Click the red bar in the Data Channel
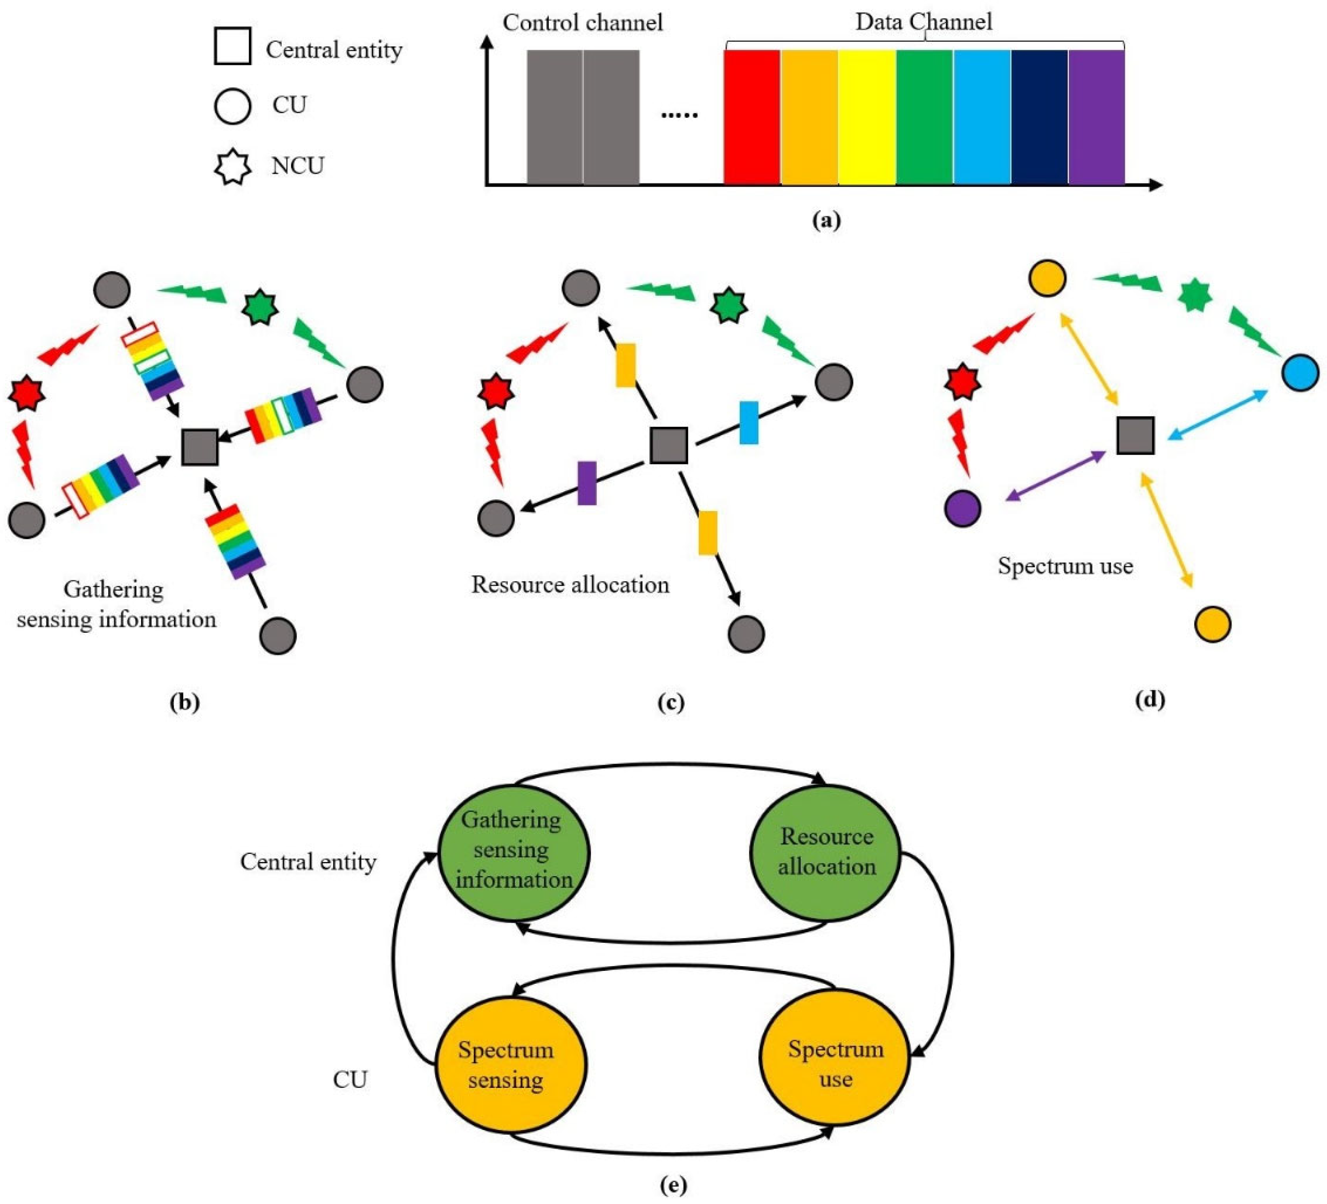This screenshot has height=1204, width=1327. coord(752,117)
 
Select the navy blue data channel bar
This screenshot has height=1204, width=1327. coord(1039,117)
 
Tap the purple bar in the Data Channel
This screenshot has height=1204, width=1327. coord(1096,117)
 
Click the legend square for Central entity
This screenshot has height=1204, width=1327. coord(232,46)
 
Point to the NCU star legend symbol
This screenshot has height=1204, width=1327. coord(232,166)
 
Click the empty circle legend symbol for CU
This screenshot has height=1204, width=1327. coord(232,106)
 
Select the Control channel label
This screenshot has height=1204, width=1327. coord(583,23)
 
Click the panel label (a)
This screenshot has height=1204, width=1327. coord(826,220)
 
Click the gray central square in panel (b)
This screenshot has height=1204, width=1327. coord(200,447)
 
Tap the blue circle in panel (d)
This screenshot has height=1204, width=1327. coord(1300,373)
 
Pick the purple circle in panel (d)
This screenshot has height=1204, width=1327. coord(963,508)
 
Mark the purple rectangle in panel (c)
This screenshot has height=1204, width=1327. coord(586,483)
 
